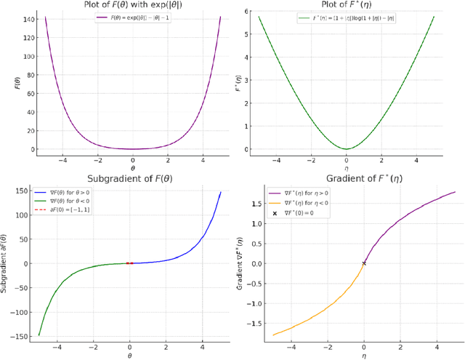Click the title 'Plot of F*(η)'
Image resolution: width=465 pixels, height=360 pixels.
coord(347,6)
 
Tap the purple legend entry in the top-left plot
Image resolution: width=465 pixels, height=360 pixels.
coord(132,18)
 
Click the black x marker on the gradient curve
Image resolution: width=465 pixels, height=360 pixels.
coord(364,263)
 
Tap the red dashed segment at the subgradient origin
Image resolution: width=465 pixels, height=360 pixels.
coord(130,263)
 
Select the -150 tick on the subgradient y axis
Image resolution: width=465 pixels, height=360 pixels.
coord(20,336)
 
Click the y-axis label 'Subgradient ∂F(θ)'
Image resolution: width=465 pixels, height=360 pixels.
coord(7,263)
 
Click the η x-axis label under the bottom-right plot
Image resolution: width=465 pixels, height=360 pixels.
coord(364,356)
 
